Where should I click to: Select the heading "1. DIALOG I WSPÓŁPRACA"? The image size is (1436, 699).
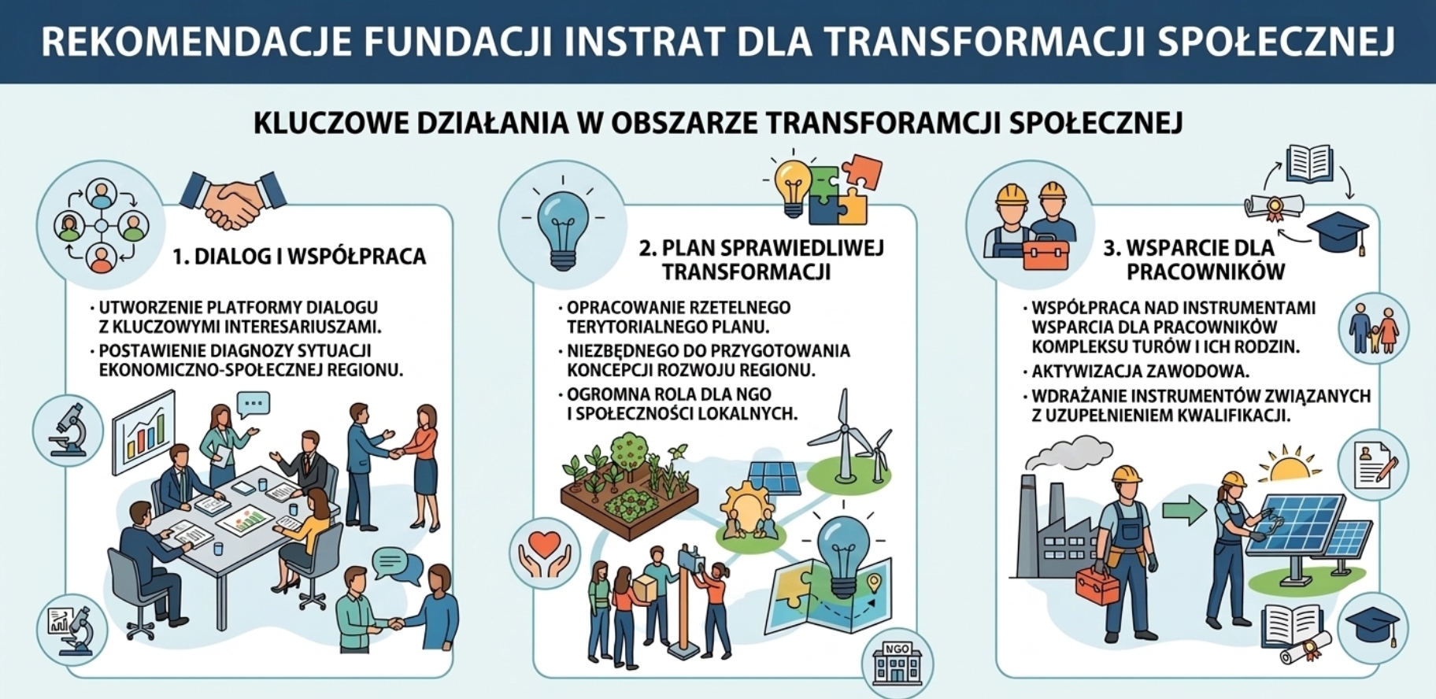coord(299,257)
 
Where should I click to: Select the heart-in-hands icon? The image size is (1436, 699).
coord(545,553)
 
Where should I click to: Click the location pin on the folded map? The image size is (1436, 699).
coord(872,583)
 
